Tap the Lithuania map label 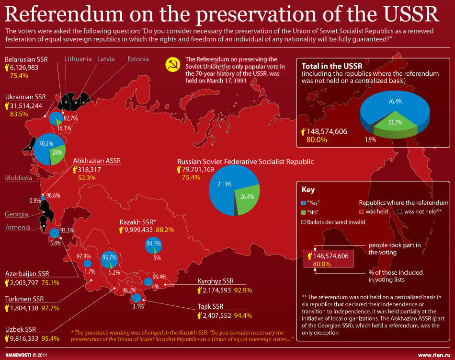pyautogui.click(x=78, y=59)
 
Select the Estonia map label pyautogui.click(x=138, y=59)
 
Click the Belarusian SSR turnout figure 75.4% pyautogui.click(x=19, y=76)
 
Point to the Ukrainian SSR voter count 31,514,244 pyautogui.click(x=26, y=106)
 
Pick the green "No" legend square pyautogui.click(x=304, y=211)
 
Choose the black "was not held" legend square pyautogui.click(x=399, y=211)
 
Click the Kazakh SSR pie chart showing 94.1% pyautogui.click(x=153, y=246)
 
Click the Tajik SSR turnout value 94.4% pyautogui.click(x=242, y=315)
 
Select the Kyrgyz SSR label pyautogui.click(x=216, y=281)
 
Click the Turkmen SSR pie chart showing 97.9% pyautogui.click(x=87, y=263)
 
